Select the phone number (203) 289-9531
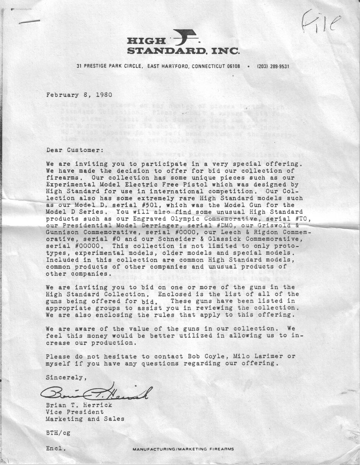[x=273, y=66]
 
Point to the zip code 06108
[x=233, y=66]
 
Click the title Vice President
[x=75, y=412]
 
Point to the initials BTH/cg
[x=58, y=433]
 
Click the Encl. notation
[x=56, y=448]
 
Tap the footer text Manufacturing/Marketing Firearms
[x=183, y=449]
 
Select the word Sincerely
[x=65, y=377]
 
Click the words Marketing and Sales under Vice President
[x=85, y=419]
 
